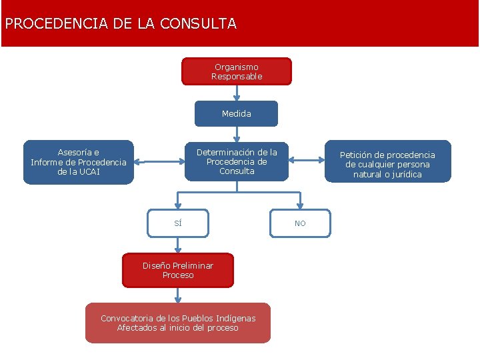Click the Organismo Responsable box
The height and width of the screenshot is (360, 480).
tap(237, 71)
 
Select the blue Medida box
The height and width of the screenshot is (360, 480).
tap(236, 113)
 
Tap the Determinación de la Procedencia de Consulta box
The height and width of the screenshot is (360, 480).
tap(237, 161)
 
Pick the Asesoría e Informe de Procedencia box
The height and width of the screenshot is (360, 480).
tap(79, 162)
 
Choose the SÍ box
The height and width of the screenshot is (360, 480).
tap(178, 223)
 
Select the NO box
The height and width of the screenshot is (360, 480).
tap(300, 223)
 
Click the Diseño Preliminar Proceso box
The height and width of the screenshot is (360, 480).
tap(178, 270)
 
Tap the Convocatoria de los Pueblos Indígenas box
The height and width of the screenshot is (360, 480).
tap(178, 323)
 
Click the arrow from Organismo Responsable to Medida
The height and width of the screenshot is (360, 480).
tap(237, 93)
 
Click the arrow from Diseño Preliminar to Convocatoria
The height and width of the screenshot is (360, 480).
tap(178, 295)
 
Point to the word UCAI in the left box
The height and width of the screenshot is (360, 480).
tap(89, 172)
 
